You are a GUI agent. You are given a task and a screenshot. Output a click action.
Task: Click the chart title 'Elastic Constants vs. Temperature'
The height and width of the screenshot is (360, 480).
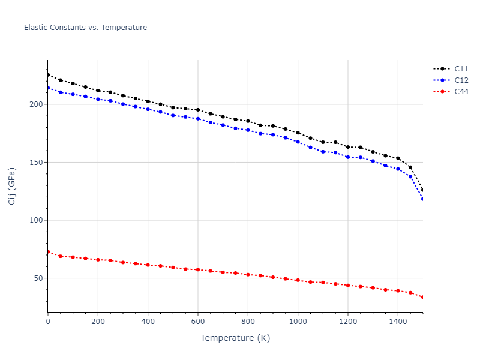pos(85,28)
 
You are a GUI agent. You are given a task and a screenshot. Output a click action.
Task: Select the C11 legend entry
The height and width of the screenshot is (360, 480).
pos(461,69)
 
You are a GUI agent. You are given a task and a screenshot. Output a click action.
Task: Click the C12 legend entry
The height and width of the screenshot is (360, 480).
pos(461,80)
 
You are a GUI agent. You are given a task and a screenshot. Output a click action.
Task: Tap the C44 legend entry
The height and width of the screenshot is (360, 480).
pos(461,92)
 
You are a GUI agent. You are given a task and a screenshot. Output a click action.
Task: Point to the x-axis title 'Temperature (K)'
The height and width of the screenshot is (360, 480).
pos(235,338)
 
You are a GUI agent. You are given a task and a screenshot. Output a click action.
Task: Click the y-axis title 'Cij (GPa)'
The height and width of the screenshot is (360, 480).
pos(12,186)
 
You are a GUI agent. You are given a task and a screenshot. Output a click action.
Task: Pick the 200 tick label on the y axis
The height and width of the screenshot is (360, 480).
pos(37,104)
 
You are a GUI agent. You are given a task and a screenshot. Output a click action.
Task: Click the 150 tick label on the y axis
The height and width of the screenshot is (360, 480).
pos(37,163)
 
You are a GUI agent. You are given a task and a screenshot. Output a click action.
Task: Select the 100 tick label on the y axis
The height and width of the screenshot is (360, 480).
pos(37,220)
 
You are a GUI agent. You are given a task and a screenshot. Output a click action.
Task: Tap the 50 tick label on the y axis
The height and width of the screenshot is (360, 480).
pos(39,278)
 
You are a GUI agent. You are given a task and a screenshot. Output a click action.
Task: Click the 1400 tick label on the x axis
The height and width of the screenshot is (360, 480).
pos(398,322)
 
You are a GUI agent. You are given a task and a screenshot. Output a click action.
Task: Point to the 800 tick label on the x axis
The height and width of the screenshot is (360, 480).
pos(248,322)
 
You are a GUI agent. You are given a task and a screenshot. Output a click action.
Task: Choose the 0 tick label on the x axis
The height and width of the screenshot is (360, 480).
pos(48,322)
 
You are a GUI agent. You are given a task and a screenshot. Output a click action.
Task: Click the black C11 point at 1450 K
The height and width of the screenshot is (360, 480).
pos(410,167)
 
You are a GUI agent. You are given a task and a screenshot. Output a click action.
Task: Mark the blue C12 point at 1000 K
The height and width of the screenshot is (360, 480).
pos(298,142)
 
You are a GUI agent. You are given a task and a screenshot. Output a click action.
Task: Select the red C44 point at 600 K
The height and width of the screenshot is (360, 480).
pos(198,269)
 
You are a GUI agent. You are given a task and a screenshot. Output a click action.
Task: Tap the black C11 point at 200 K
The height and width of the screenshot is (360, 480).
pos(98,91)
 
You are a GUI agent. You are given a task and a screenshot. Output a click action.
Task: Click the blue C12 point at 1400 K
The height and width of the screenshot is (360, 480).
pos(398,169)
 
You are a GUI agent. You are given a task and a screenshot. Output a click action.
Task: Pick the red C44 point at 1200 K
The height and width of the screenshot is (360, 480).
pos(348,285)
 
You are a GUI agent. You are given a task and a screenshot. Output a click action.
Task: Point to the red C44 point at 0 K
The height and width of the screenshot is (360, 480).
pos(48,251)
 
